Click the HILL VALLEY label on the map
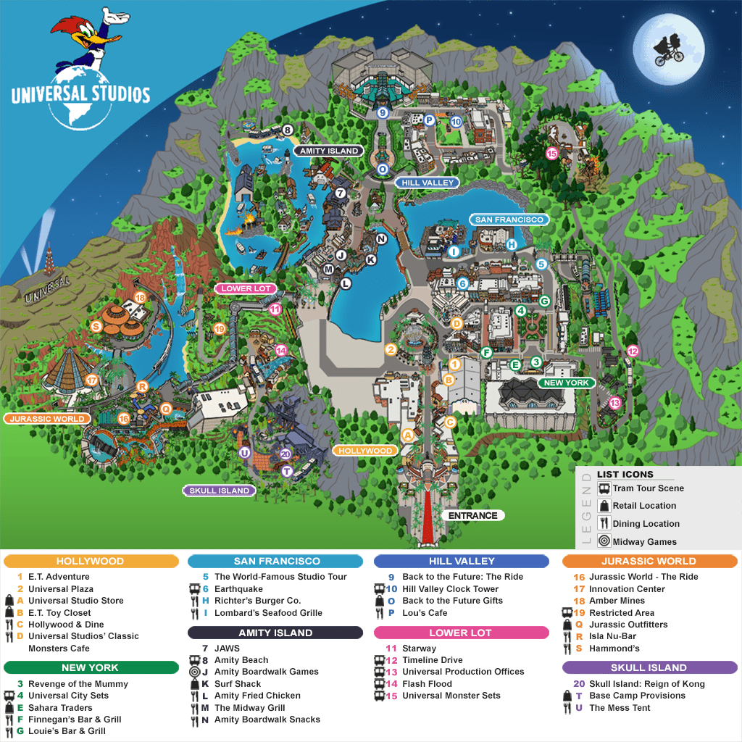point(428,183)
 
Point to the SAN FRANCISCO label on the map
point(508,219)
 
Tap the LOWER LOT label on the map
point(246,288)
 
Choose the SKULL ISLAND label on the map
point(219,491)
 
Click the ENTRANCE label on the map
point(472,516)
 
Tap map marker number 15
point(551,153)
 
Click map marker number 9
point(383,113)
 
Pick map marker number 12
point(633,351)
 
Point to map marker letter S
point(95,326)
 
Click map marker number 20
point(285,454)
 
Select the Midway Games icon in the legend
point(604,541)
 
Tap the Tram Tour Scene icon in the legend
point(604,488)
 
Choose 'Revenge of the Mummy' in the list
point(78,684)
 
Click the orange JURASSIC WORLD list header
point(649,561)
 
